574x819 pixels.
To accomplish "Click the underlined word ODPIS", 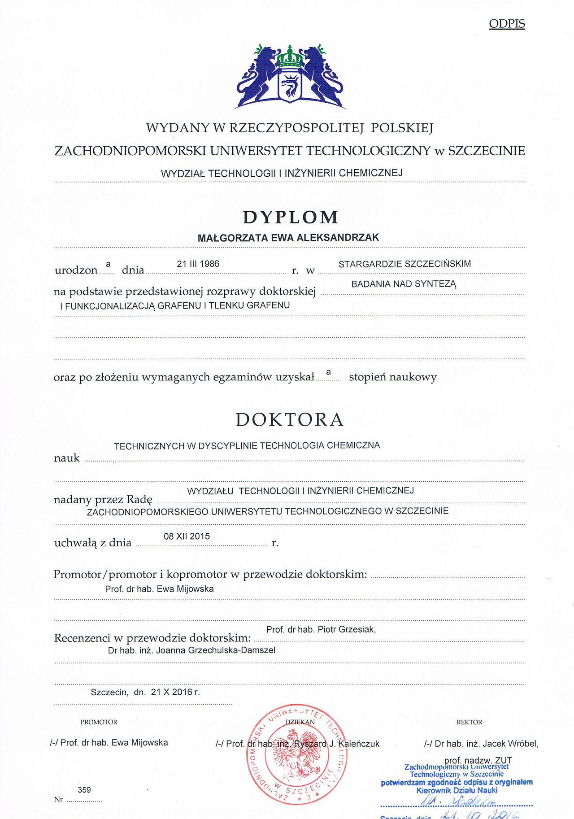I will pyautogui.click(x=507, y=24).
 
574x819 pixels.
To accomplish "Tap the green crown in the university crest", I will pyautogui.click(x=290, y=58).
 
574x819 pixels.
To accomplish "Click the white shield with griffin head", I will pyautogui.click(x=290, y=86).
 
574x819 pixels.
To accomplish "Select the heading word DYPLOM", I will pyautogui.click(x=291, y=217).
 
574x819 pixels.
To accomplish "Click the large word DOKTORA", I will pyautogui.click(x=290, y=420).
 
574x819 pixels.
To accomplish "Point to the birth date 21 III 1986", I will pyautogui.click(x=198, y=264).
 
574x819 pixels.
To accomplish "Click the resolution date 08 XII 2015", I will pyautogui.click(x=187, y=536).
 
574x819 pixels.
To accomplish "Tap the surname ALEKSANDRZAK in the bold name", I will pyautogui.click(x=338, y=238).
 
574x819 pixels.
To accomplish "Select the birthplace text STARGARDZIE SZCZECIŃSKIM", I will pyautogui.click(x=404, y=264).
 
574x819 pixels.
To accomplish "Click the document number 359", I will pyautogui.click(x=84, y=790).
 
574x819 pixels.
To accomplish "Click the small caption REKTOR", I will pyautogui.click(x=469, y=722).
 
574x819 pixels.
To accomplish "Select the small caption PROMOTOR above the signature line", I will pyautogui.click(x=99, y=722).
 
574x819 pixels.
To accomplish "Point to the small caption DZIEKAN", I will pyautogui.click(x=300, y=722).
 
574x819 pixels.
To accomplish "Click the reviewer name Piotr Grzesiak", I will pyautogui.click(x=346, y=630).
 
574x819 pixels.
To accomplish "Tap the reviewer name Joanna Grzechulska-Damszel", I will pyautogui.click(x=216, y=650).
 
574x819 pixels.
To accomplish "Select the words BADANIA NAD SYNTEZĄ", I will pyautogui.click(x=404, y=284).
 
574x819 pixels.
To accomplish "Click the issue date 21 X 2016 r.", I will pyautogui.click(x=175, y=692).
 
